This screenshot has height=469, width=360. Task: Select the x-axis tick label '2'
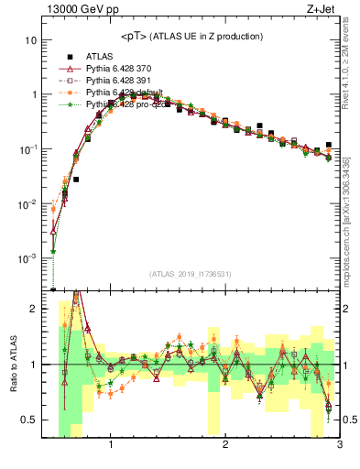(x=225, y=448)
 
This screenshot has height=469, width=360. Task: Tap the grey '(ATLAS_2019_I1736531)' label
(x=191, y=275)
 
